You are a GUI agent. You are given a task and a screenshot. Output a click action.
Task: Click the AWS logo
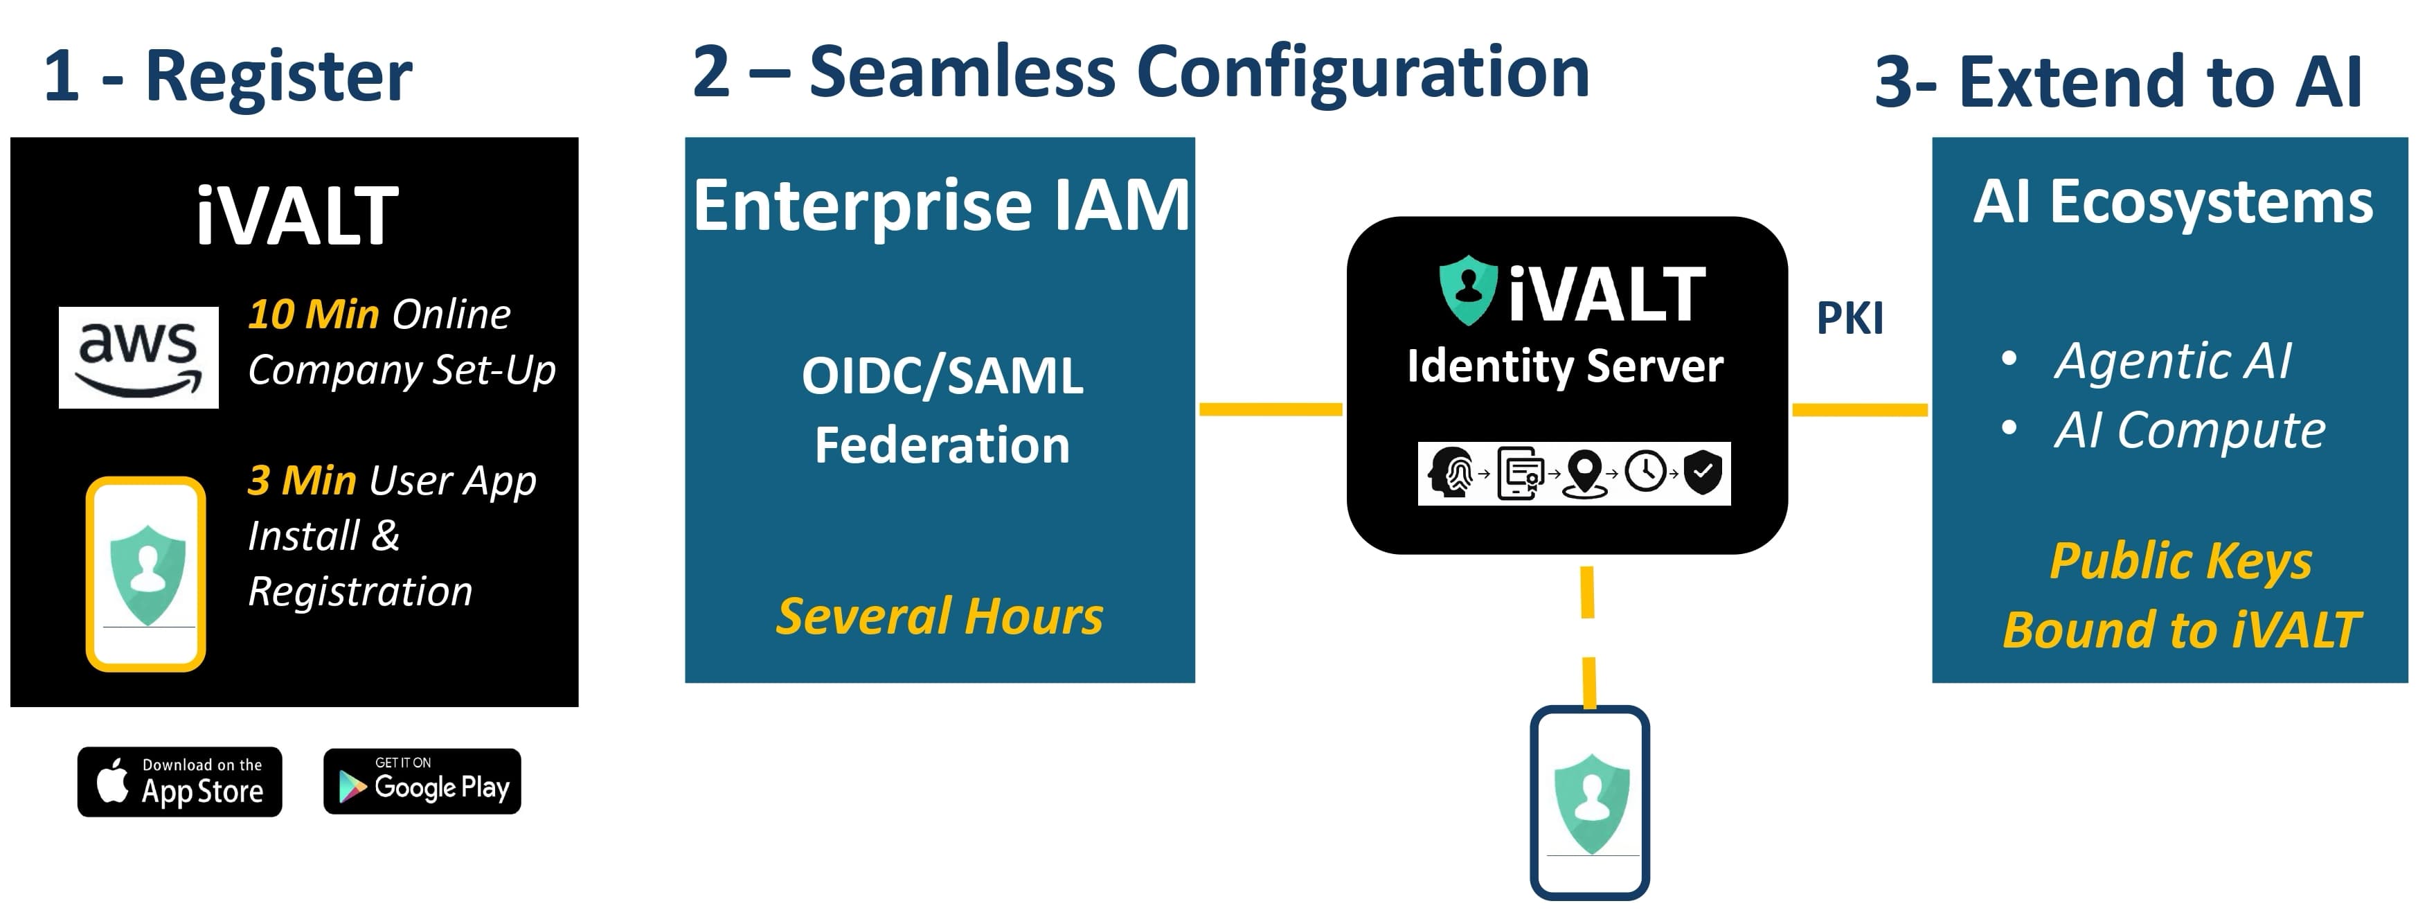click(x=138, y=357)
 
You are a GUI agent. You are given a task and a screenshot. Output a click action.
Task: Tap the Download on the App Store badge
click(x=180, y=782)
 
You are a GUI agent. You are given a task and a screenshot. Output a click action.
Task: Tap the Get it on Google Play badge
click(x=422, y=781)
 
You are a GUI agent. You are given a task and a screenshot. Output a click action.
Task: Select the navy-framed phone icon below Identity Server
click(x=1589, y=803)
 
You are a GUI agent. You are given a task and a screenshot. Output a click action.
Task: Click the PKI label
click(x=1850, y=319)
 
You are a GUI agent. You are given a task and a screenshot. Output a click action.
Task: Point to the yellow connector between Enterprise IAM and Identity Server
click(x=1270, y=409)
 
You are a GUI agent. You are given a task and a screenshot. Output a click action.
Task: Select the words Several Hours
click(x=940, y=616)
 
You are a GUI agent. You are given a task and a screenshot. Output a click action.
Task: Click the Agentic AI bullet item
click(x=2171, y=360)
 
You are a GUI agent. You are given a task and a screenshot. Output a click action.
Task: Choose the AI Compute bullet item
click(x=2189, y=431)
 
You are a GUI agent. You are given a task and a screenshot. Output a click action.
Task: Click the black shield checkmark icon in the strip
click(x=1703, y=472)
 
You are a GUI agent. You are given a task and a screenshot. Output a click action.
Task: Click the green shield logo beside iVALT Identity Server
click(x=1468, y=290)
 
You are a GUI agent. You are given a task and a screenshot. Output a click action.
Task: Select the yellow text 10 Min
click(x=313, y=314)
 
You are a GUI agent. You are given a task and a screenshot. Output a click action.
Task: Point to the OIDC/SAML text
click(x=942, y=375)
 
